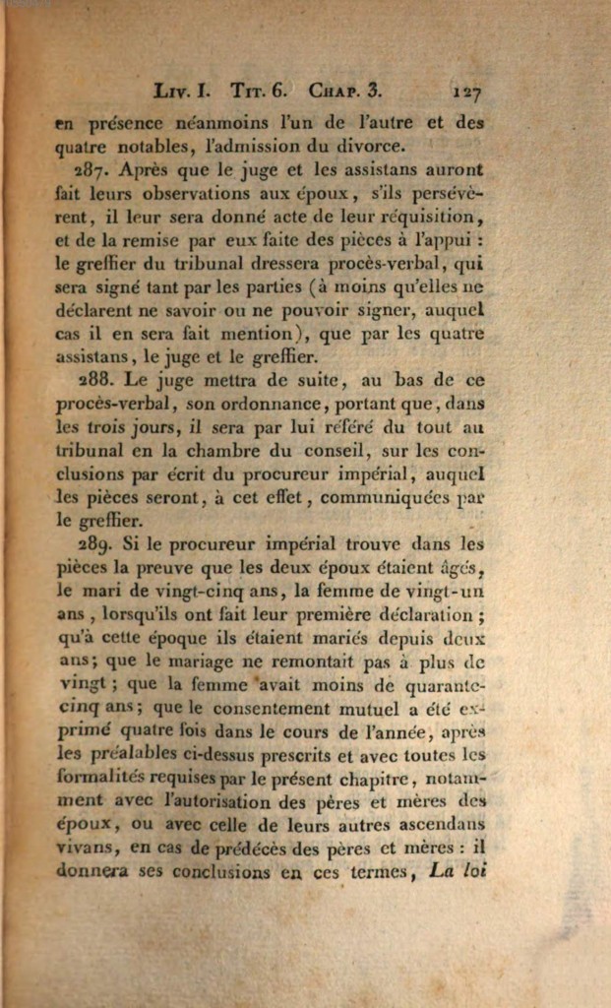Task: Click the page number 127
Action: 465,93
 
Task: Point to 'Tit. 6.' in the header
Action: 258,92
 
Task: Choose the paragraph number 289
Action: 97,544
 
